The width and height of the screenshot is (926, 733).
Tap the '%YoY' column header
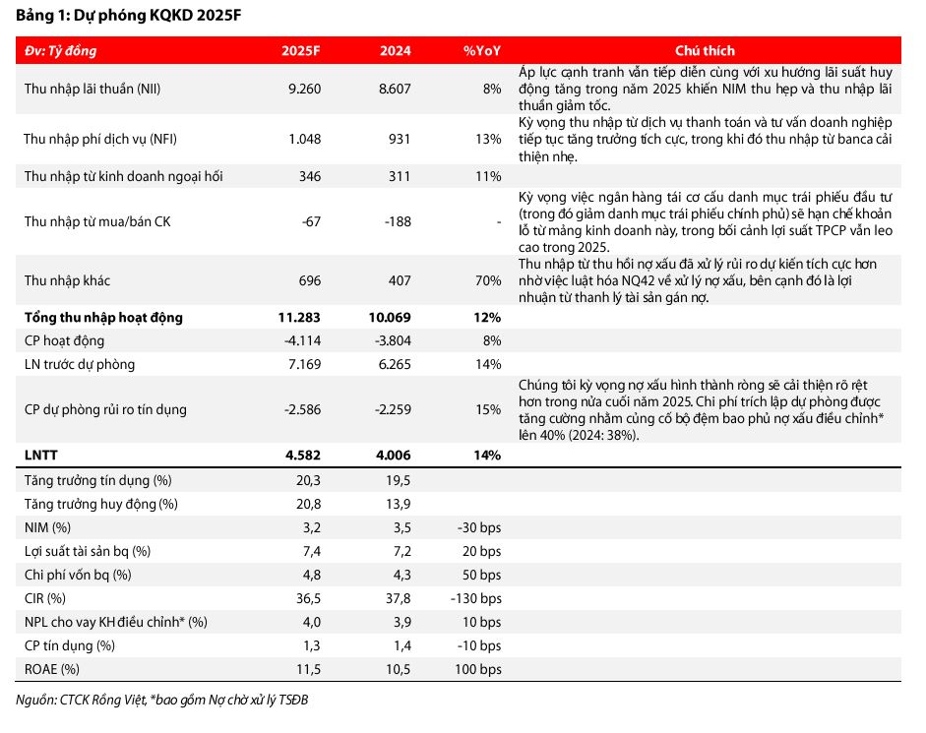pyautogui.click(x=482, y=50)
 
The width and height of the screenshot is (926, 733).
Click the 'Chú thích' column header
pyautogui.click(x=705, y=50)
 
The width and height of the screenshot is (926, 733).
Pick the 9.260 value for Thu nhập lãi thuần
pyautogui.click(x=305, y=89)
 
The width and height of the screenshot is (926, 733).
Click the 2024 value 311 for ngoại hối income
pyautogui.click(x=399, y=177)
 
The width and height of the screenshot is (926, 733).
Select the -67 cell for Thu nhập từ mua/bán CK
pyautogui.click(x=311, y=221)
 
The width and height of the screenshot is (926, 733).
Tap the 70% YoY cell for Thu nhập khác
pyautogui.click(x=488, y=281)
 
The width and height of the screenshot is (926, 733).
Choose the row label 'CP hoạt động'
pyautogui.click(x=64, y=340)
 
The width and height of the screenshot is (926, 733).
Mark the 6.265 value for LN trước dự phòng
pyautogui.click(x=392, y=364)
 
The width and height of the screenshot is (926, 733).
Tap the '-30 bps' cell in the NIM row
pyautogui.click(x=479, y=527)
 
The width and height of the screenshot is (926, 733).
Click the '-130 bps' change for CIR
pyautogui.click(x=476, y=598)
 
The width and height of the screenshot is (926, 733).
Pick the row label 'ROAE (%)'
pyautogui.click(x=53, y=669)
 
